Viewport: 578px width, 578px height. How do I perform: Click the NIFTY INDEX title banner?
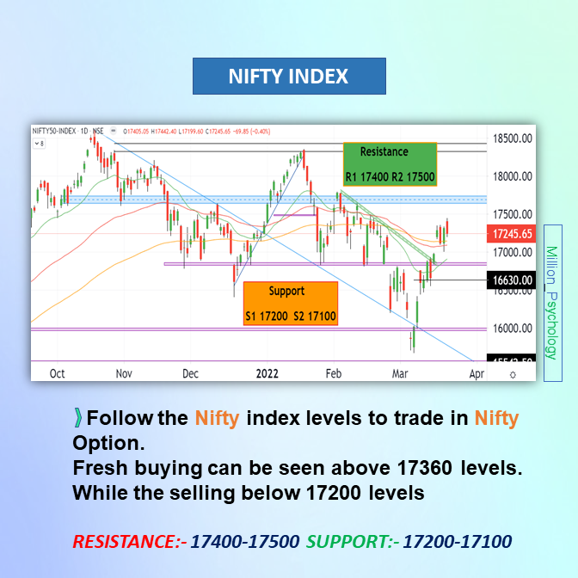coord(288,77)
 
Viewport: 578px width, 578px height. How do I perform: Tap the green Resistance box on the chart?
coord(390,163)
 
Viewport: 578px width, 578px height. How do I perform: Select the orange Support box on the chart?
coord(290,304)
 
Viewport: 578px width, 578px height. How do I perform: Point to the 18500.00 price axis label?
coord(510,138)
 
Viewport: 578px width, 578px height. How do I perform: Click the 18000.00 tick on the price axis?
coord(510,176)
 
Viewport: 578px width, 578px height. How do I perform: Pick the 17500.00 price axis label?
coord(510,214)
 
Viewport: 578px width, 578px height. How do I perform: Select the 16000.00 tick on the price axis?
coord(510,329)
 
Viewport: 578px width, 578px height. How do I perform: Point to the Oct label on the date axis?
coord(57,374)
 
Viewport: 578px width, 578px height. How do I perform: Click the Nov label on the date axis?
coord(123,374)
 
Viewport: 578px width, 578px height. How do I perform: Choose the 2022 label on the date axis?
coord(267,374)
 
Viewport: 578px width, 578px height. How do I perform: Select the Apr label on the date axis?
coord(476,374)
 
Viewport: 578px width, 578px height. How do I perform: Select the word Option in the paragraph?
coord(106,444)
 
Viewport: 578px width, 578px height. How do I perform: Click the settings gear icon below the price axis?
coord(513,375)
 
